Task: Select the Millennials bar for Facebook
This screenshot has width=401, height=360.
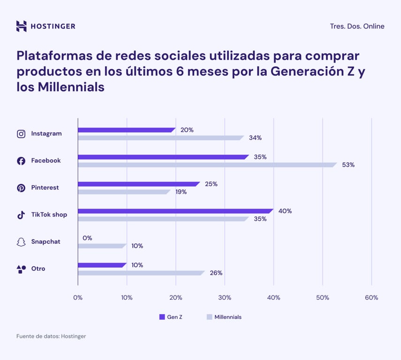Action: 206,165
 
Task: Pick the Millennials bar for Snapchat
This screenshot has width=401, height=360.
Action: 101,246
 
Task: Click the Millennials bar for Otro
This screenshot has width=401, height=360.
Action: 141,273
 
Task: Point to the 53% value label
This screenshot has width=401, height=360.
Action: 348,165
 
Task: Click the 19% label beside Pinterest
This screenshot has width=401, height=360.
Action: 181,192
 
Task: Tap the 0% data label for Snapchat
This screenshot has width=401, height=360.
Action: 87,238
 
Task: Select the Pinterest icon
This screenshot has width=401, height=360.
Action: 21,188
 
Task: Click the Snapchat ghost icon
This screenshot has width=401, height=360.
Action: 21,242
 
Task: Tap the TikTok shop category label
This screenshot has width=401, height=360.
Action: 49,215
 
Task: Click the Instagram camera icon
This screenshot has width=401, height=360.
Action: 21,134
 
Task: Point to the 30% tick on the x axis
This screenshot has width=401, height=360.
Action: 225,298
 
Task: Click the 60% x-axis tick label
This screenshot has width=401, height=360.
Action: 371,298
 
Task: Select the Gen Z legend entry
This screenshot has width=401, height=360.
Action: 171,317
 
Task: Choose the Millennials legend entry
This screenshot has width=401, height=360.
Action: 224,317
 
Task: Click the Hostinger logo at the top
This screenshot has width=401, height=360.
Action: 45,26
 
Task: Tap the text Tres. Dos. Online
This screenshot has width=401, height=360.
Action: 357,26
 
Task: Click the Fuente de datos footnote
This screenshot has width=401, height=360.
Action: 51,336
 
